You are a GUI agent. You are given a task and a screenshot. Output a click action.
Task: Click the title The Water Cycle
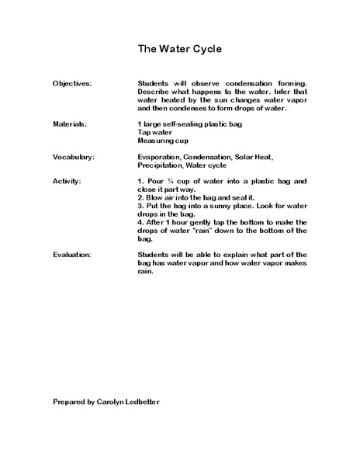tap(180, 49)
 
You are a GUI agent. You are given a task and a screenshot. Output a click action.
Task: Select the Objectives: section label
tap(72, 83)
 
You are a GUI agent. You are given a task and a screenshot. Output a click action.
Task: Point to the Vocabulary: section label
tap(74, 157)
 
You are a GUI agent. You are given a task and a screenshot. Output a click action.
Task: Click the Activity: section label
tap(67, 181)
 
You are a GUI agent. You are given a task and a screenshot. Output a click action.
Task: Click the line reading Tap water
tap(155, 133)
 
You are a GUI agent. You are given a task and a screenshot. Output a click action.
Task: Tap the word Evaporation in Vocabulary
tap(159, 157)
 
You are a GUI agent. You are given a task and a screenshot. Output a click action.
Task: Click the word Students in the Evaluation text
tap(154, 254)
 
